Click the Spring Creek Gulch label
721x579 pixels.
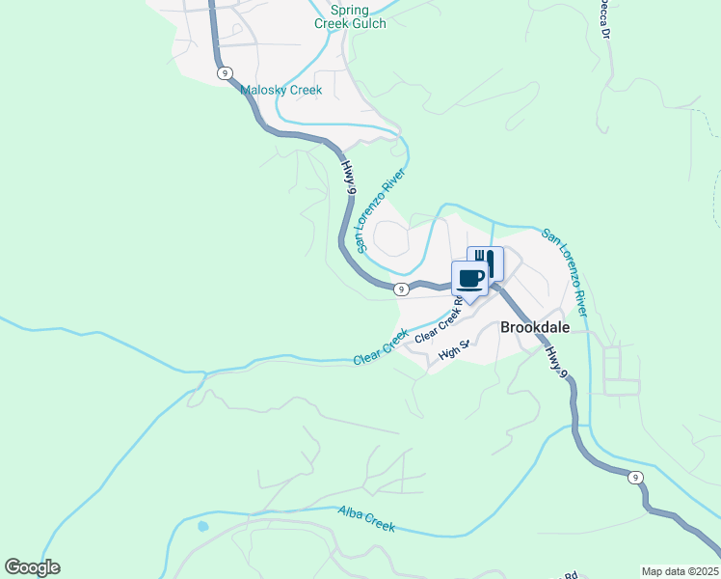[x=351, y=16]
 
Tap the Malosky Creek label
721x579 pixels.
[x=280, y=91]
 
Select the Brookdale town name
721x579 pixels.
[x=535, y=327]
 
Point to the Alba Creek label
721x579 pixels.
[x=366, y=519]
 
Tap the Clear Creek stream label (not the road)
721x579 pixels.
[x=382, y=347]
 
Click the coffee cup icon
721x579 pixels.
[x=470, y=279]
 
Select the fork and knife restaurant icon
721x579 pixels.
[x=486, y=262]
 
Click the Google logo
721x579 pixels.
[x=32, y=567]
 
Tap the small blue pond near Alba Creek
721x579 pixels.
[x=202, y=527]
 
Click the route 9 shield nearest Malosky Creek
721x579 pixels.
[x=225, y=73]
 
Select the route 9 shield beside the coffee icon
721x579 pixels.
[x=402, y=288]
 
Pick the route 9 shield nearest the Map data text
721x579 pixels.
[x=635, y=478]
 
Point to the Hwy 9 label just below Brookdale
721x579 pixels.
[x=555, y=362]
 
